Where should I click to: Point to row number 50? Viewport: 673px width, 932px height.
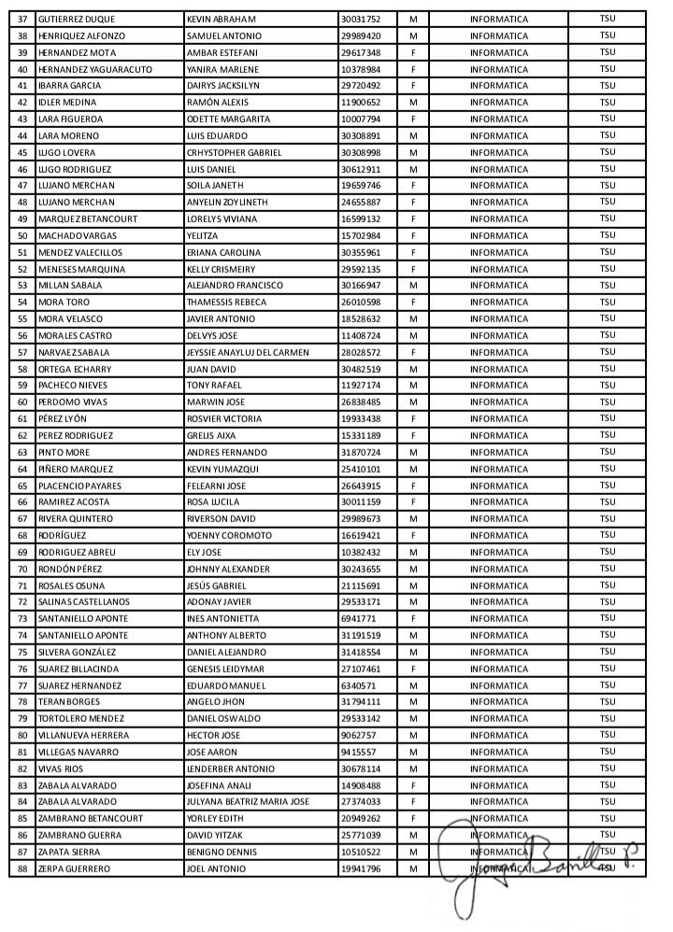(x=21, y=235)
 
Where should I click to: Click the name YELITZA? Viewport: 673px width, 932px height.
(x=204, y=235)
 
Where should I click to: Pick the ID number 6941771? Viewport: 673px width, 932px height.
(x=358, y=618)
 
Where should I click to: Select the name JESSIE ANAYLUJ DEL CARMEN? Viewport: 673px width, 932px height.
(x=248, y=352)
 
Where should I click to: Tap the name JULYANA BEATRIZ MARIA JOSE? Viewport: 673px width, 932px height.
(x=248, y=801)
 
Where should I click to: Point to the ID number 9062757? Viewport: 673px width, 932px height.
(x=358, y=735)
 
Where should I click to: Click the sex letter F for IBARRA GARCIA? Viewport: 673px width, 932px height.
(x=412, y=85)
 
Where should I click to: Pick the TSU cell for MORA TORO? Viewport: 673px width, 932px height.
(x=608, y=302)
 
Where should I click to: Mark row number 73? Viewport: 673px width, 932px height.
(x=21, y=618)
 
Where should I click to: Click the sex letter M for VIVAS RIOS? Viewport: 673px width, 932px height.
(x=412, y=769)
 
